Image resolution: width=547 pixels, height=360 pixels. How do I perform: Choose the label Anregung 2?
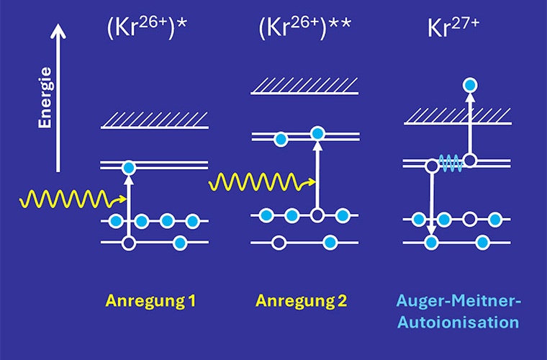tap(301, 302)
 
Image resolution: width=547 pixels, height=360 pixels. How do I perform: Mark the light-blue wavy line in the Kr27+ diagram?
tap(451, 164)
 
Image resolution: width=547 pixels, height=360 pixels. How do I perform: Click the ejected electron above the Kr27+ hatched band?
tap(470, 85)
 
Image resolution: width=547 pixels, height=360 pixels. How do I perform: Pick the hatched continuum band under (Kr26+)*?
tap(154, 118)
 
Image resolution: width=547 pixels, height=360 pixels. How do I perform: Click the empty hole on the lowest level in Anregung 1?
tap(128, 243)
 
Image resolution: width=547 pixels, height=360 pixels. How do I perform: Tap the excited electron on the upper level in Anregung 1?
tap(128, 167)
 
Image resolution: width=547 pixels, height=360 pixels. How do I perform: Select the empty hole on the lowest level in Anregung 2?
tap(279, 243)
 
